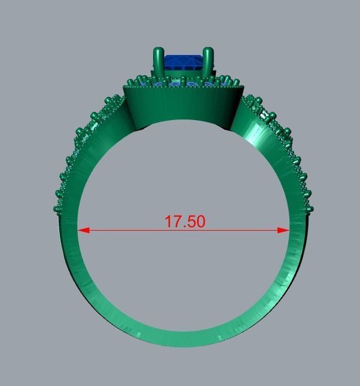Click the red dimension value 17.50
[185, 221]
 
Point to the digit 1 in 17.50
[168, 221]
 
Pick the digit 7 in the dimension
[176, 221]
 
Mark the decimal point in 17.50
[183, 226]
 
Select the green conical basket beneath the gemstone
[182, 105]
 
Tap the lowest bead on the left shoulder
[57, 209]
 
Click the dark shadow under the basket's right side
[226, 127]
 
